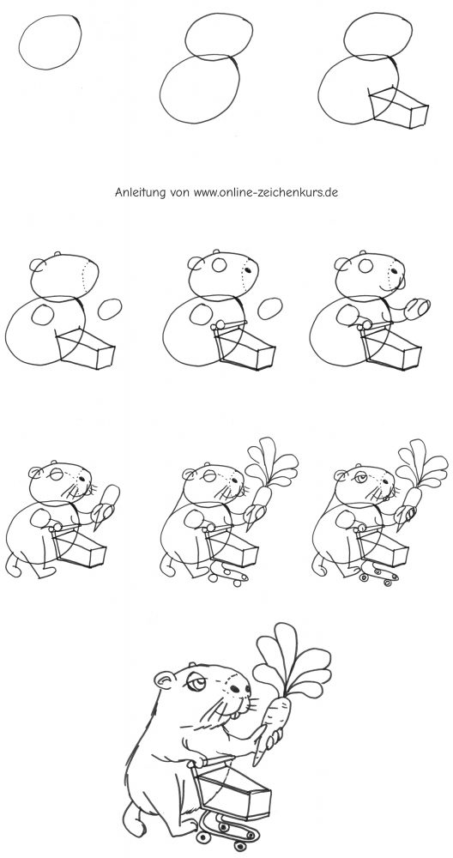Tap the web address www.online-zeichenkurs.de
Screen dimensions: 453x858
266,192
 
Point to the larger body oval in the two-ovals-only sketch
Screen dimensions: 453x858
160,90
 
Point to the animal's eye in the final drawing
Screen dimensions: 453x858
198,683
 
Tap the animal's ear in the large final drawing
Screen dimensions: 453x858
164,680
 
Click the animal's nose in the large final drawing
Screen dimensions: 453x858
245,691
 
